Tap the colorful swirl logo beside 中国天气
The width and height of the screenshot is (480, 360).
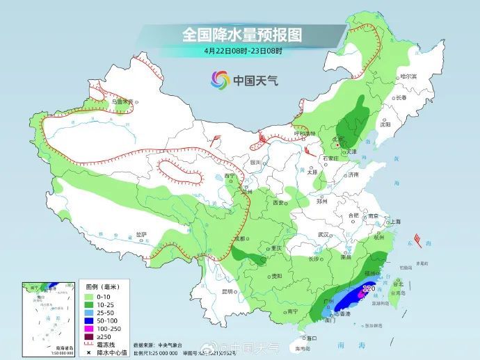pos(220,80)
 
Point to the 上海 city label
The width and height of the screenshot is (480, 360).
pos(395,222)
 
